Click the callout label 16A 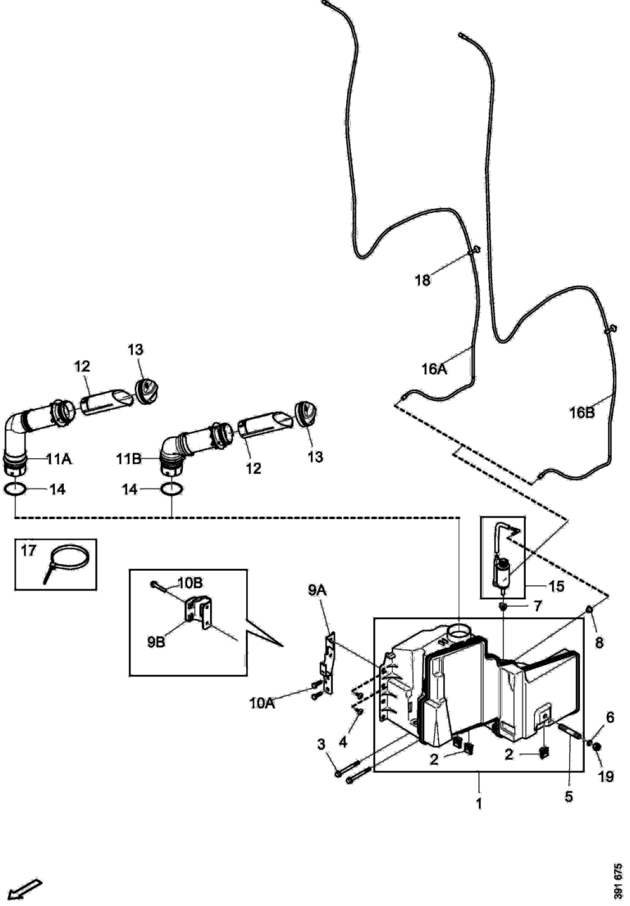[x=434, y=369]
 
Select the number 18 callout [x=422, y=280]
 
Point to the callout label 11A [x=57, y=459]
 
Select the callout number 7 [x=537, y=607]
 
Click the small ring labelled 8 [x=590, y=609]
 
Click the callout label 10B [x=189, y=583]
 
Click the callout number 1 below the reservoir [x=478, y=804]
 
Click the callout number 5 [x=568, y=795]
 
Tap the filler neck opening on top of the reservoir [x=458, y=632]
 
